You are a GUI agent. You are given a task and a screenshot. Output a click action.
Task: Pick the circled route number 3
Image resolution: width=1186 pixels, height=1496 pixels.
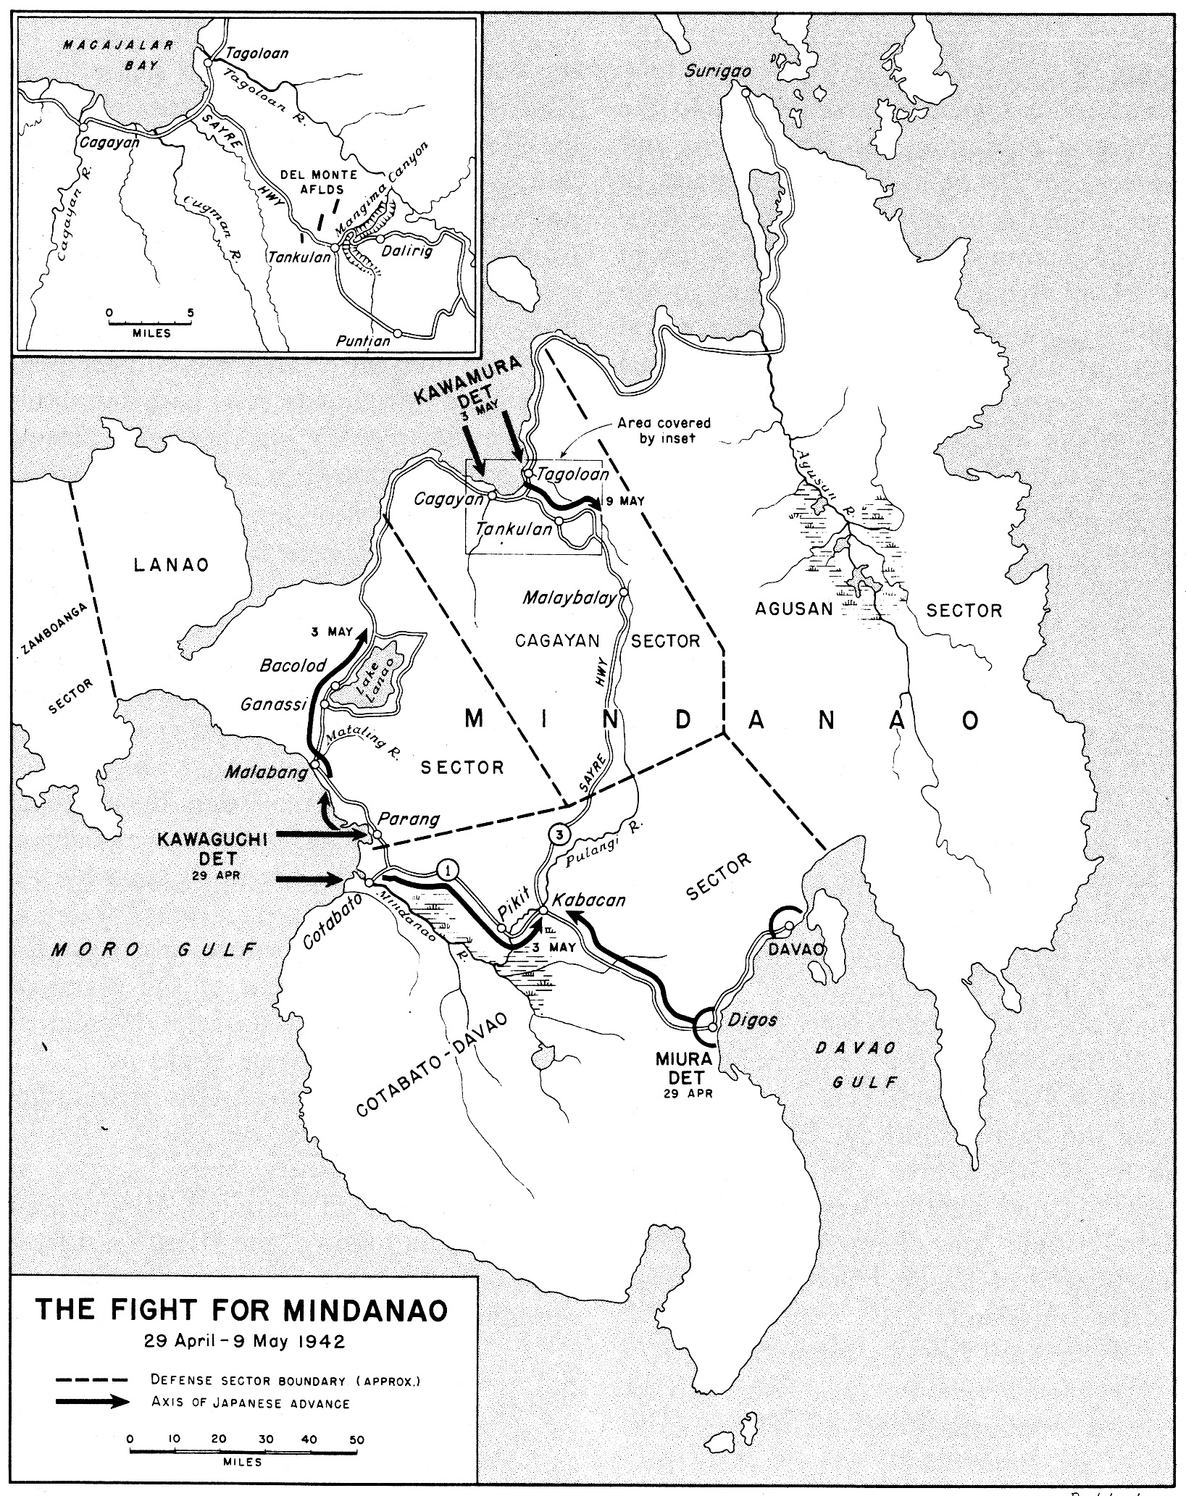[x=559, y=835]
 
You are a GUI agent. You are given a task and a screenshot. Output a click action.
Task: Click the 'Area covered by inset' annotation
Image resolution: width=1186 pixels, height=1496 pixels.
[x=664, y=430]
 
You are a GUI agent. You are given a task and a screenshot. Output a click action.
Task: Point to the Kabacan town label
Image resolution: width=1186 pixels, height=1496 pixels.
[x=588, y=900]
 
